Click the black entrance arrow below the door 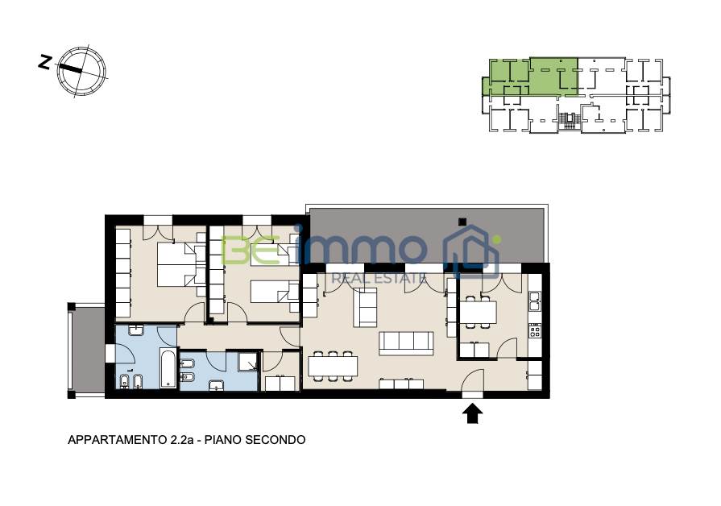tap(472, 413)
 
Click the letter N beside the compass tap(44, 62)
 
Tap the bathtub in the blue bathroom tap(168, 369)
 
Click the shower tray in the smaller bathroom tap(248, 362)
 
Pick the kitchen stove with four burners tap(535, 330)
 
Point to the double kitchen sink tap(535, 301)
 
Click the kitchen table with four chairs tap(478, 312)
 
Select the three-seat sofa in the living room tap(406, 343)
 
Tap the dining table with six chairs tap(333, 366)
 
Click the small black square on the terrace tap(462, 222)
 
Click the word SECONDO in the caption tap(275, 440)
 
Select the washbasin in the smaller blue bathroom tap(216, 385)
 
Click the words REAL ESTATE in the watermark tap(379, 278)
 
